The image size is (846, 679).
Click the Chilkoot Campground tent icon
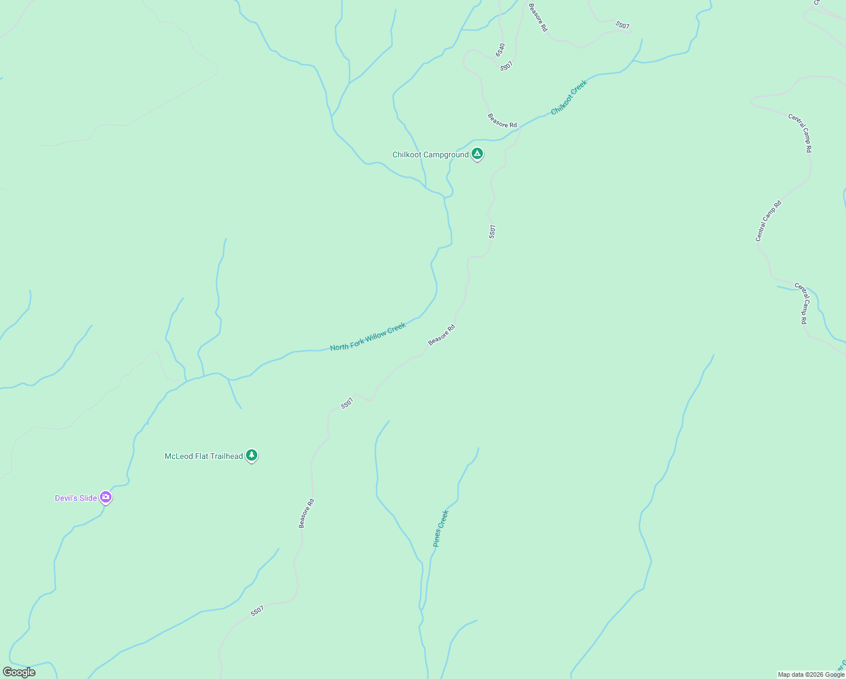477,153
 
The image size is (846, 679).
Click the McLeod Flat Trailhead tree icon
252,455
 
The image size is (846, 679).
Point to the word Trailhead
226,456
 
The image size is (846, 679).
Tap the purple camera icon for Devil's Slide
106,497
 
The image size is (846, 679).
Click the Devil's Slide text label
76,498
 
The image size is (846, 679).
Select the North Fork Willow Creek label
368,337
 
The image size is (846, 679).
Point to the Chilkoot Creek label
569,97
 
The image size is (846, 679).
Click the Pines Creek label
441,528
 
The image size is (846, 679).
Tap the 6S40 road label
500,50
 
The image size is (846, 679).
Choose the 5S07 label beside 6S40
506,66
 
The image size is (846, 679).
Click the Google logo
19,672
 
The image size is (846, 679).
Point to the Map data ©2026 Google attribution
811,674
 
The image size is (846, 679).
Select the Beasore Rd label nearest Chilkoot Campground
502,121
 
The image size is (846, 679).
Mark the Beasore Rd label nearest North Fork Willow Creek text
442,335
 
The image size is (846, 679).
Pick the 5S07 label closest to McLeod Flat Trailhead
347,403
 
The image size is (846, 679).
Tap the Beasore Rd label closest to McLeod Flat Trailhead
307,513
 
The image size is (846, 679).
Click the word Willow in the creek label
375,334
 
